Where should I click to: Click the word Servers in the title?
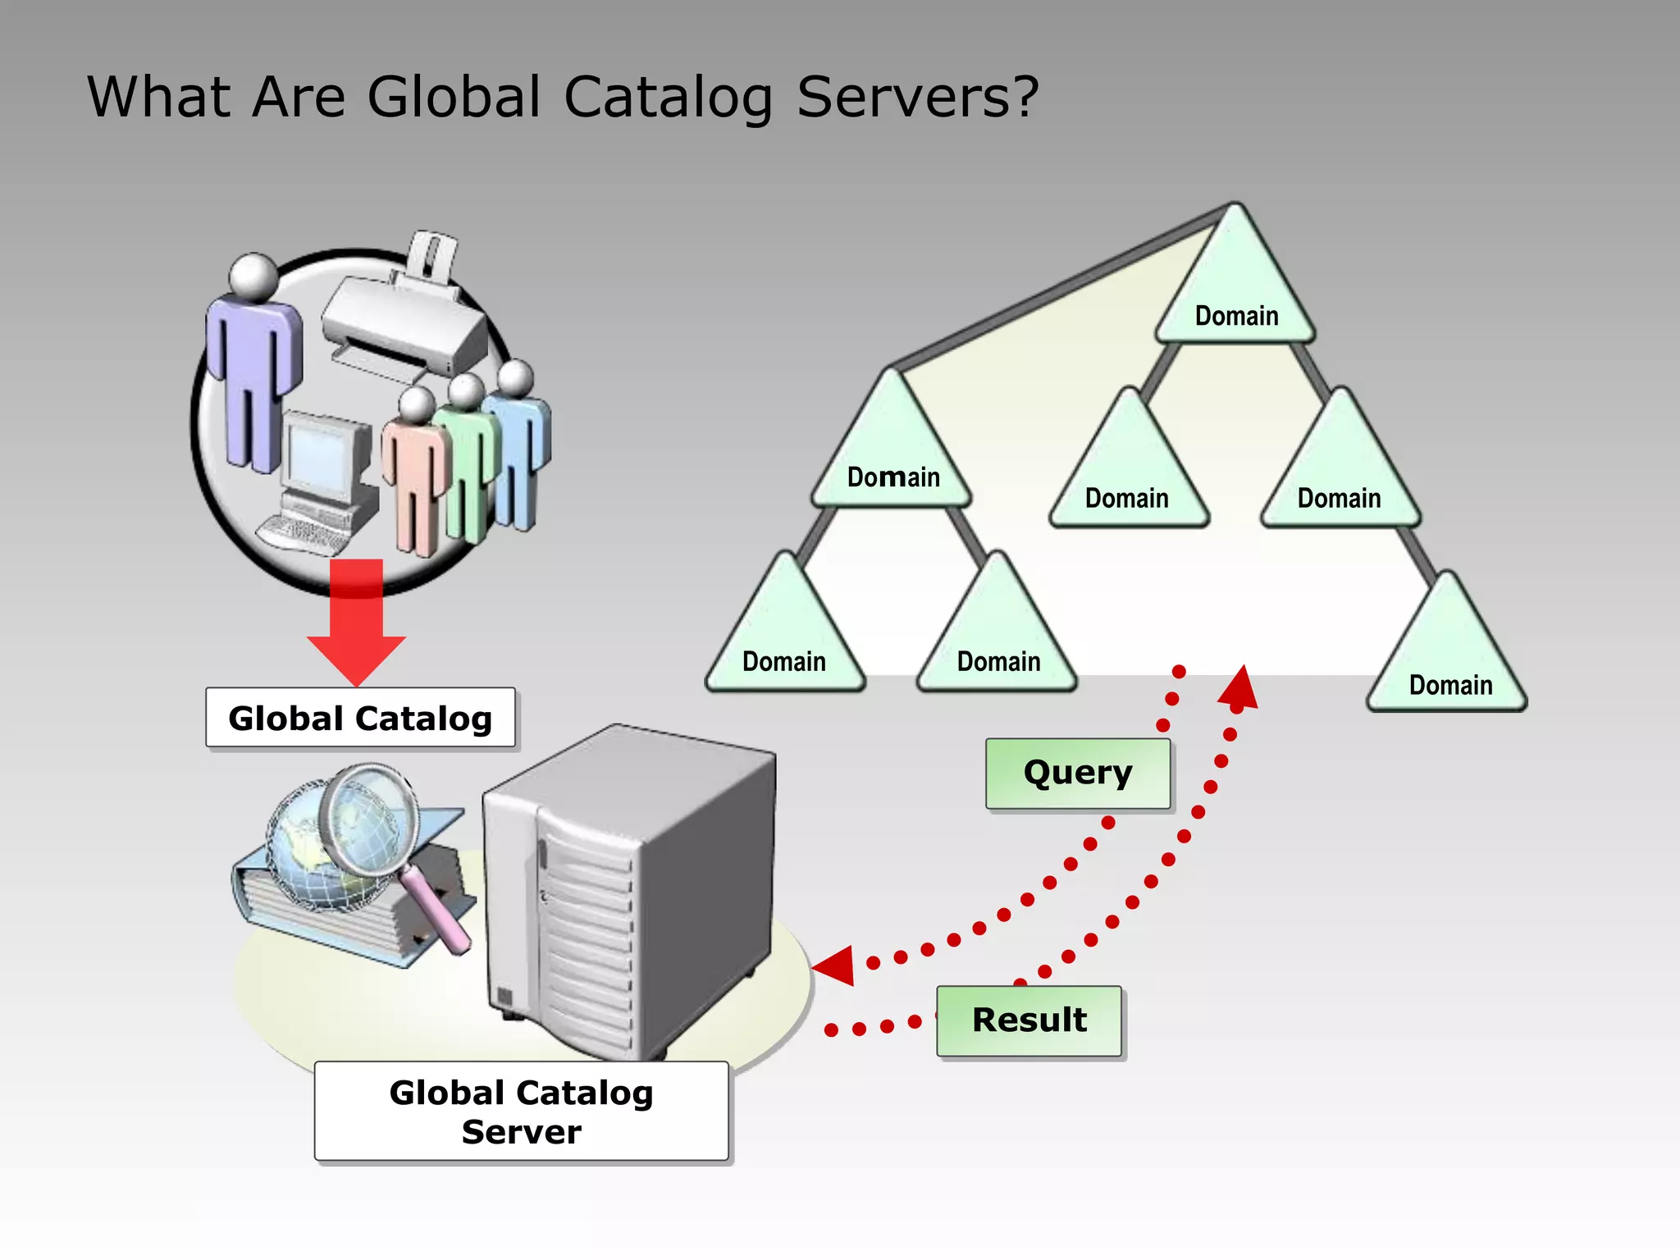coord(917,97)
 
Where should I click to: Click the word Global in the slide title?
coord(454,97)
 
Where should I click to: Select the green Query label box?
coord(1077,773)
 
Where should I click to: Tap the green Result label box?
coord(1029,1020)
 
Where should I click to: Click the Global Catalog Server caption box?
coord(521,1111)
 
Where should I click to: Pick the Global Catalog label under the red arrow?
coord(360,718)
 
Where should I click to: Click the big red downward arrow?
coord(356,623)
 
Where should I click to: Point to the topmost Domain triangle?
coord(1235,287)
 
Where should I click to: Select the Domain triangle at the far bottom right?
coord(1448,656)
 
